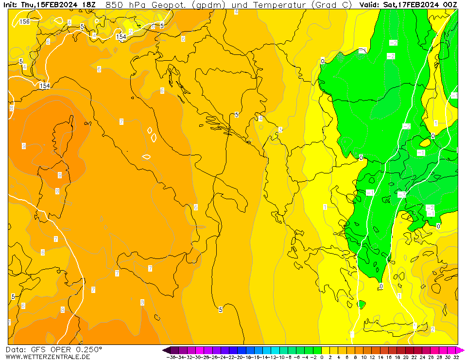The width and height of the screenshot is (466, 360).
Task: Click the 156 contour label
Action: pos(24,22)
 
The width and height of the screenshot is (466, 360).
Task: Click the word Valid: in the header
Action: pos(370,5)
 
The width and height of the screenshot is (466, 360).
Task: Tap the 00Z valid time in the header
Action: pos(449,5)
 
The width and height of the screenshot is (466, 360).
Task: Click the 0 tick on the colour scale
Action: pos(322,357)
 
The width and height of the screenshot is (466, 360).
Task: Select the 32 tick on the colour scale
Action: pos(455,357)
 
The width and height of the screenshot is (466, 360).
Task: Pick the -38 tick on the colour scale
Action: pos(171,357)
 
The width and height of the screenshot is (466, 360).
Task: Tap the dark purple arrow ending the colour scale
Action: pos(166,350)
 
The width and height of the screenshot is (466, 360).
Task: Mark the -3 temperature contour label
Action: pos(401,194)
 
